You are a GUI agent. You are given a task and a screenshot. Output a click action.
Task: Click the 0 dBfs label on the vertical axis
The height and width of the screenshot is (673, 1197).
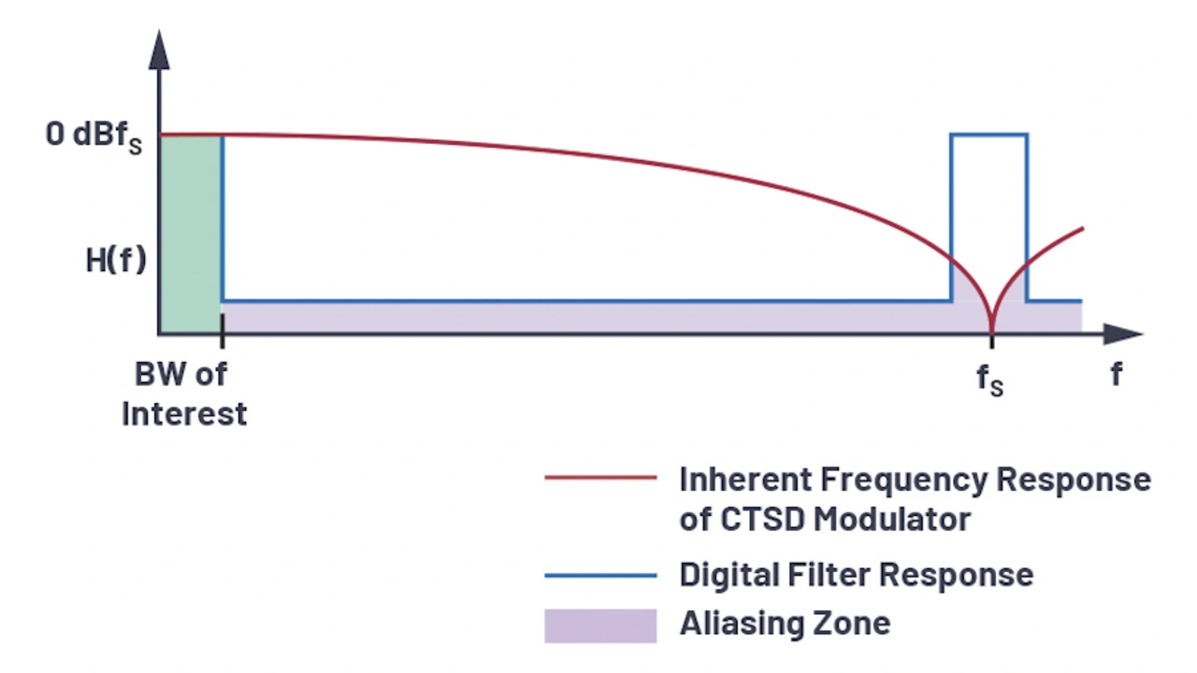[x=94, y=136]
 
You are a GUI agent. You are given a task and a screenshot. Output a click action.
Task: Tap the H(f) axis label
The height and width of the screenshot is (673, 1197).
[x=116, y=261]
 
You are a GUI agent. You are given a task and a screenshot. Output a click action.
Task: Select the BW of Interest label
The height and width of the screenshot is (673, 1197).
[x=184, y=394]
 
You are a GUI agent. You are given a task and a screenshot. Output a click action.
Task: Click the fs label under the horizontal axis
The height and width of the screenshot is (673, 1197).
[x=990, y=379]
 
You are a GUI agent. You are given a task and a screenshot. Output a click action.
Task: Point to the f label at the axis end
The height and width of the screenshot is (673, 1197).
[x=1117, y=374]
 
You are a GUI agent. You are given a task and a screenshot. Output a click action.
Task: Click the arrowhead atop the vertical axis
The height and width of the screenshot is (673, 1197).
[x=159, y=50]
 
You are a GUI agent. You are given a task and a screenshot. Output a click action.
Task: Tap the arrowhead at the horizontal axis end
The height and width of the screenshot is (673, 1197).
[x=1123, y=334]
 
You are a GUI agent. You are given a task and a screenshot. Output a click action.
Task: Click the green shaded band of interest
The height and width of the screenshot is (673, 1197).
[x=191, y=234]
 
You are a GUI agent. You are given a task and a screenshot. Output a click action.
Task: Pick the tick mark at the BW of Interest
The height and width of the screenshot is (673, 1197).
[x=223, y=331]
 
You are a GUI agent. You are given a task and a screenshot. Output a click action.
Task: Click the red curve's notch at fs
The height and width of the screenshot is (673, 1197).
[x=992, y=327]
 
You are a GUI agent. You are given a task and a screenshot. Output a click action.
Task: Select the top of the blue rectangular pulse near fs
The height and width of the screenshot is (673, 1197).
[x=989, y=135]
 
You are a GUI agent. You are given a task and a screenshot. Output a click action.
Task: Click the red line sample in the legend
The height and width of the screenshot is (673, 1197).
[x=600, y=478]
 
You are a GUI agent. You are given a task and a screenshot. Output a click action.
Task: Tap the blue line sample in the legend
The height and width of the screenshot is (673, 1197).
[x=600, y=576]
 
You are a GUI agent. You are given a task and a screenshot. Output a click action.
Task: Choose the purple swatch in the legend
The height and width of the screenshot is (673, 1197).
[x=600, y=625]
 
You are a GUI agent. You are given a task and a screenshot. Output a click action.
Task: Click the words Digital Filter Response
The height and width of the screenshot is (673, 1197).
[x=857, y=575]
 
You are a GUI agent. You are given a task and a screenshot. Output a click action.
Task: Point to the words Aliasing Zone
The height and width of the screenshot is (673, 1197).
[x=785, y=623]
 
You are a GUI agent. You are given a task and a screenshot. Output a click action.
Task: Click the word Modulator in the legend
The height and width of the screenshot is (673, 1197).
[x=892, y=519]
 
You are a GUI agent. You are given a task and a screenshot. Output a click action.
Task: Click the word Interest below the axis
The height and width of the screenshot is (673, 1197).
[x=184, y=413]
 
